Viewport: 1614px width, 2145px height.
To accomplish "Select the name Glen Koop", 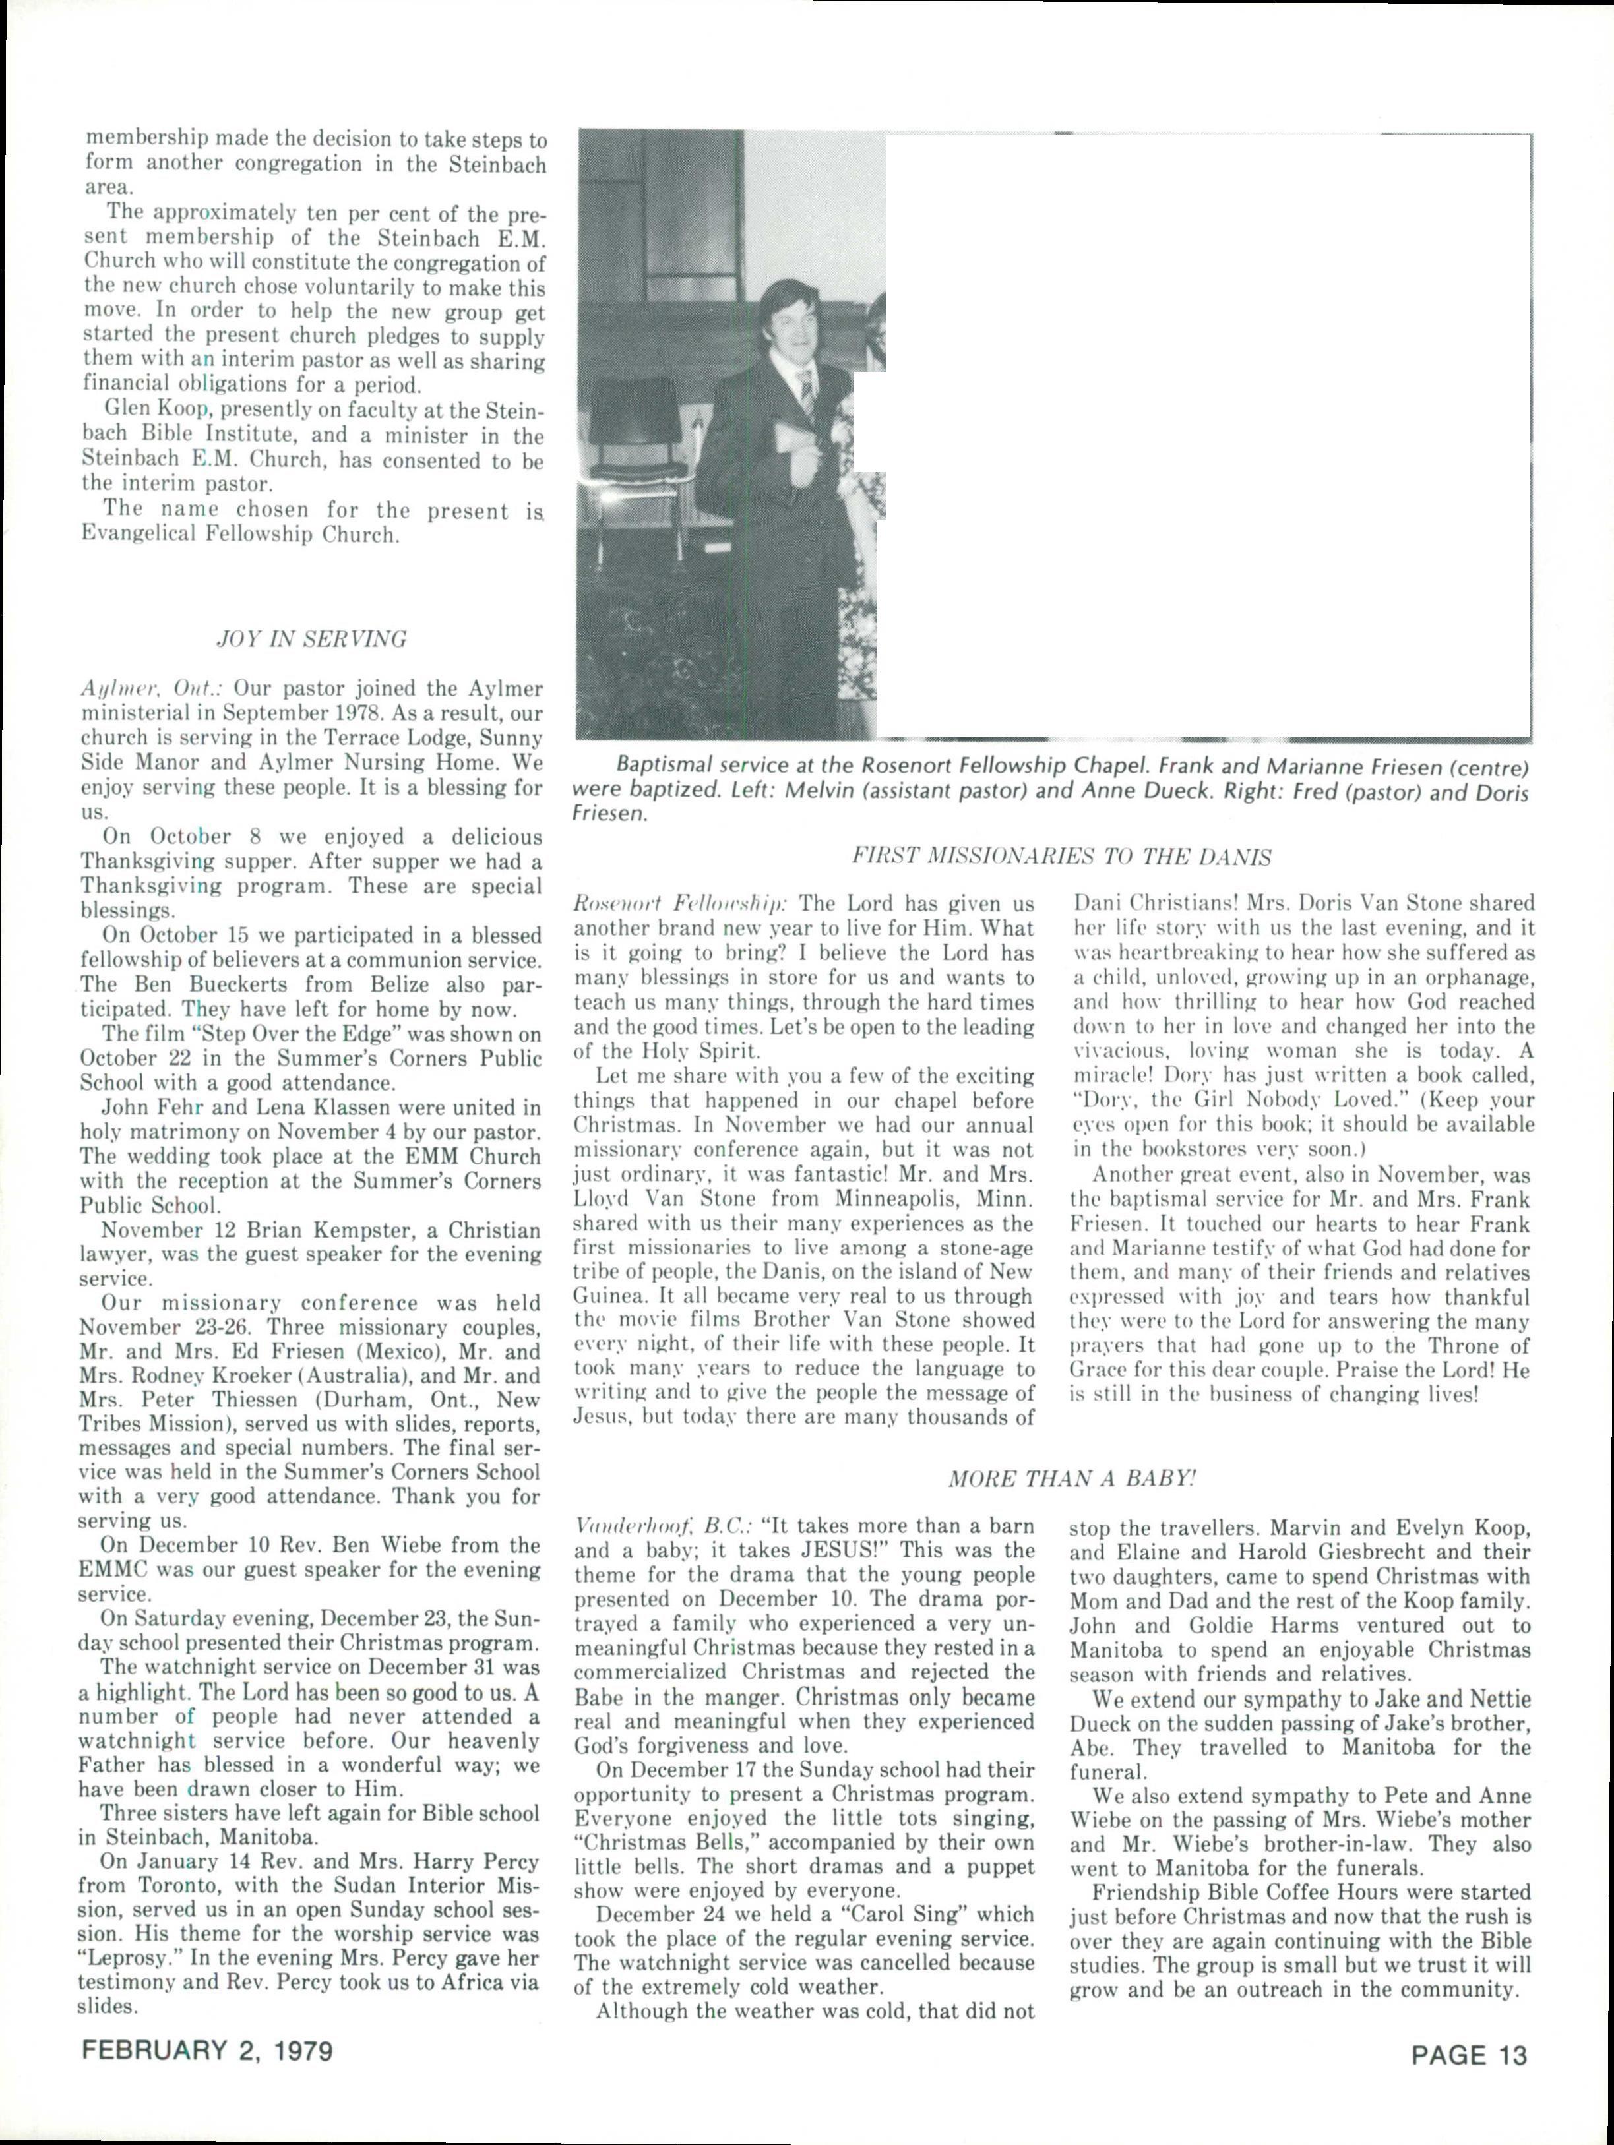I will pos(148,410).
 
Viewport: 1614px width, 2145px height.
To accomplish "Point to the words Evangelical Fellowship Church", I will pos(239,534).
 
